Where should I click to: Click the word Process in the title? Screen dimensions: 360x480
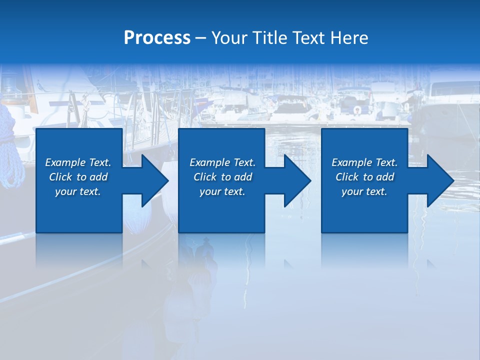click(157, 38)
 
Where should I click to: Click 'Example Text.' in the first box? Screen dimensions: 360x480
click(78, 162)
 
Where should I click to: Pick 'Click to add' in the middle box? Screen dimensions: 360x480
click(222, 177)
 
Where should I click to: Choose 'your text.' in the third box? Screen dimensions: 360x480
click(364, 191)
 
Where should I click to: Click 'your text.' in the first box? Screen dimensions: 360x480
click(78, 191)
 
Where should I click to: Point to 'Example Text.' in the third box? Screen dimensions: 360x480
click(364, 162)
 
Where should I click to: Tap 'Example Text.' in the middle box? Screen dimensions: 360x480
click(222, 162)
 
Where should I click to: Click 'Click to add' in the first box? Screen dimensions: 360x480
click(78, 177)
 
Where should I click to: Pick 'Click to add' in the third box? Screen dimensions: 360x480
click(364, 177)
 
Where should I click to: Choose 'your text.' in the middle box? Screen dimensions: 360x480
click(222, 191)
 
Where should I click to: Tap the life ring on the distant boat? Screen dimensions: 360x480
click(357, 109)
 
